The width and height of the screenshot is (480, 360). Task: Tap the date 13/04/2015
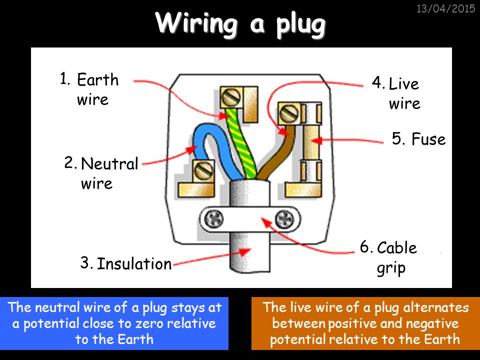tap(445, 8)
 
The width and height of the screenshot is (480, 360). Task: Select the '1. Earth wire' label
tap(89, 89)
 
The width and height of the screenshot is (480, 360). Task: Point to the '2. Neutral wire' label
tap(101, 173)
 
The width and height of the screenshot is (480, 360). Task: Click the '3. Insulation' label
tap(126, 263)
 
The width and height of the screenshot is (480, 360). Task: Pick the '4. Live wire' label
tap(396, 93)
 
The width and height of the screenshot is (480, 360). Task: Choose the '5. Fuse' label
tap(418, 139)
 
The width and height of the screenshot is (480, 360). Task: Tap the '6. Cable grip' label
tap(388, 257)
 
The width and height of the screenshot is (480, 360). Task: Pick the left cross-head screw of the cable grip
tap(214, 219)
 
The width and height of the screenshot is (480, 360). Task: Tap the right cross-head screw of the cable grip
tap(284, 219)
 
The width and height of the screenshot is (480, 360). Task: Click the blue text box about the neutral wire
tap(114, 323)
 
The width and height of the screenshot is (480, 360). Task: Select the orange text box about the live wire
tap(365, 323)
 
